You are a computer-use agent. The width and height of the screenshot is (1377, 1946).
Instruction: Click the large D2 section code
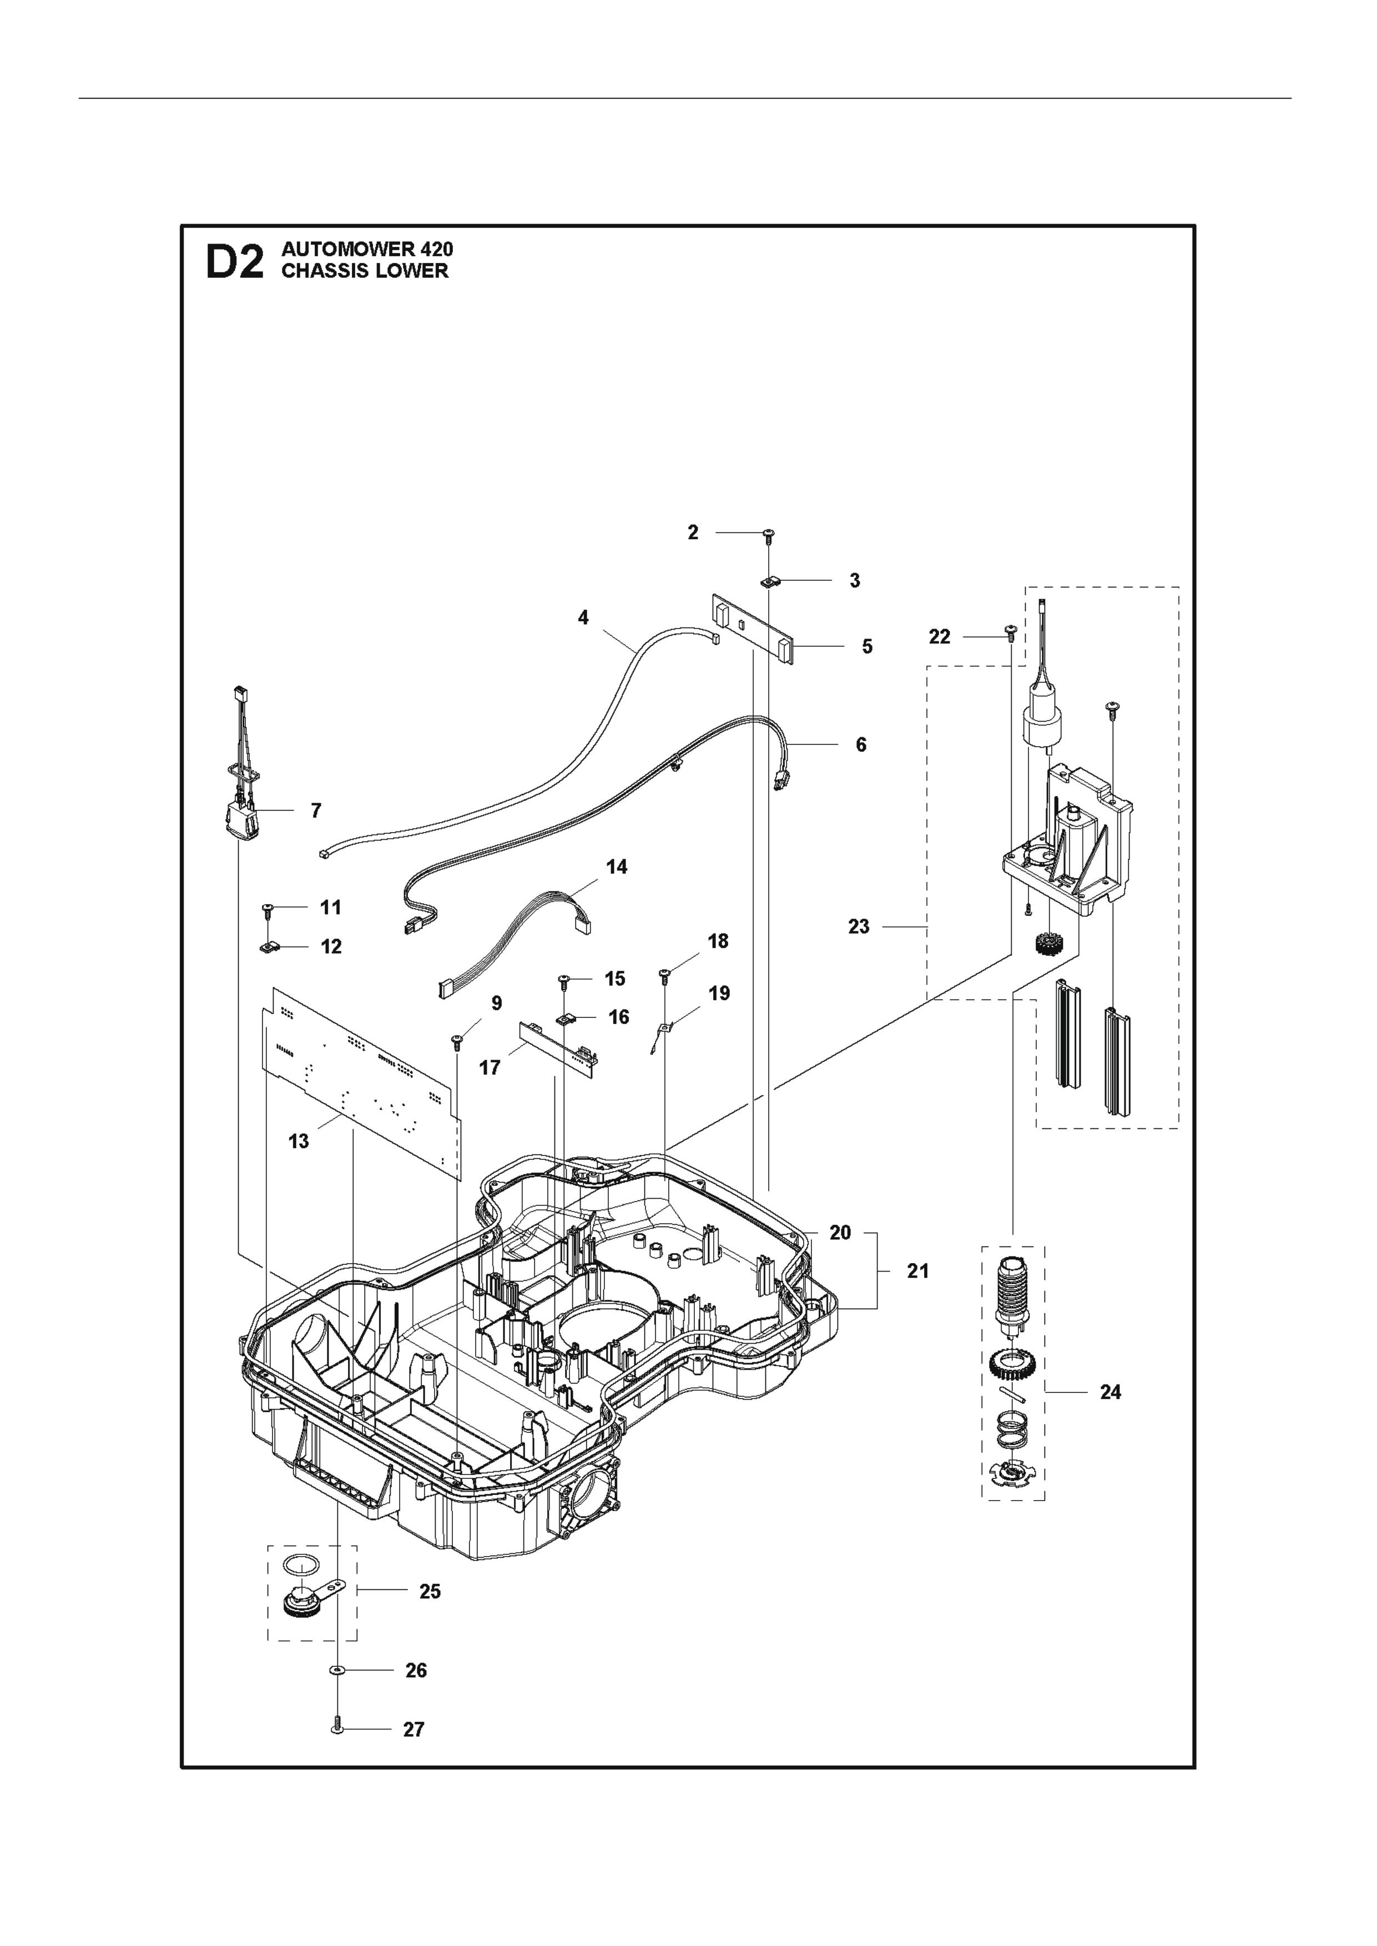235,261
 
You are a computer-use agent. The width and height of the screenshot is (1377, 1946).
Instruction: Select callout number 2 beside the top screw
693,533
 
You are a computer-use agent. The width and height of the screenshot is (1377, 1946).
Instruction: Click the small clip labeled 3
769,581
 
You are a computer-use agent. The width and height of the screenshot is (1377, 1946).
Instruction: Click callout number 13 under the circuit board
299,1142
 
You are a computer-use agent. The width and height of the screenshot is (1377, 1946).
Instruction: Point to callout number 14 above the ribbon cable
617,866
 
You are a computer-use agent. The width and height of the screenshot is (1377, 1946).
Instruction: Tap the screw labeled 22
1010,631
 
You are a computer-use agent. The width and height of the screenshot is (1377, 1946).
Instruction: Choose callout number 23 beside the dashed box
859,926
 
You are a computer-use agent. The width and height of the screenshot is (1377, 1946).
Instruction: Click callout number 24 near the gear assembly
1110,1392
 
